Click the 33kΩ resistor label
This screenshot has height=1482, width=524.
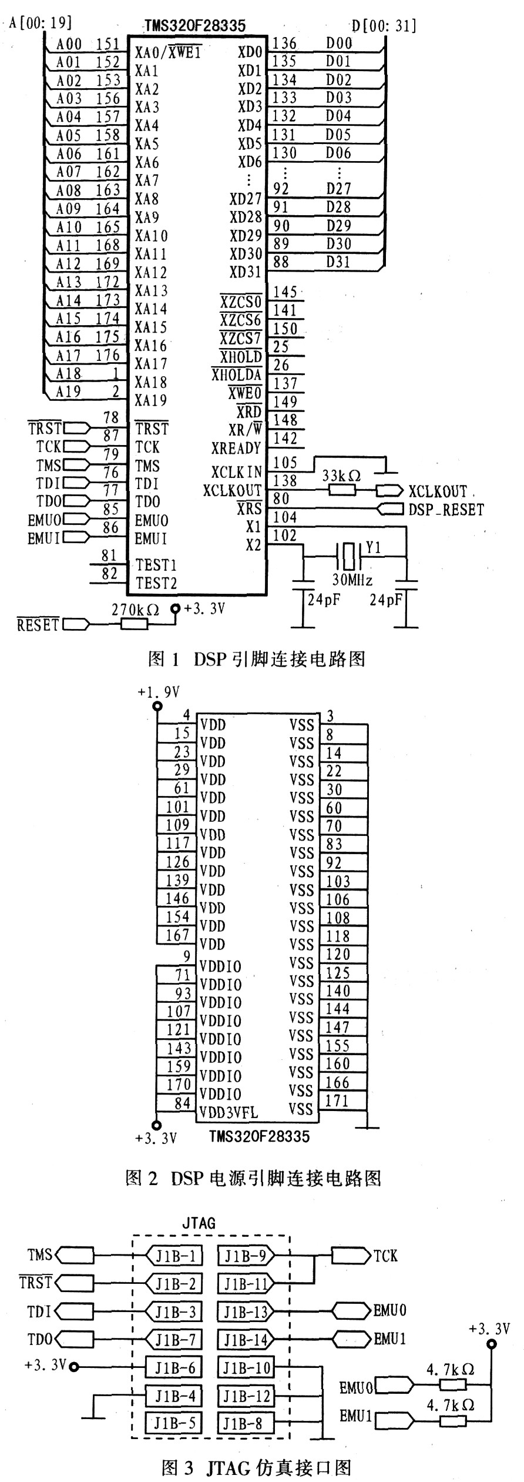[x=341, y=476]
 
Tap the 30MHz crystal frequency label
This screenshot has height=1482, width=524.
[x=352, y=580]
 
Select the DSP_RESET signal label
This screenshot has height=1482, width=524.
[x=446, y=510]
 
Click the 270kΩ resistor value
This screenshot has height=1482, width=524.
[x=135, y=610]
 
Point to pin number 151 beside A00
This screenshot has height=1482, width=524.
[x=108, y=44]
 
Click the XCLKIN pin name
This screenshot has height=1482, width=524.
[x=237, y=472]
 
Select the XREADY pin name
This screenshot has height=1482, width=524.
[x=236, y=449]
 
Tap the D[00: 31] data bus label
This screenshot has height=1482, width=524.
[x=384, y=25]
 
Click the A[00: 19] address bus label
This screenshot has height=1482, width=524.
[x=41, y=23]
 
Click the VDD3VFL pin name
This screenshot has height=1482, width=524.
[x=229, y=1113]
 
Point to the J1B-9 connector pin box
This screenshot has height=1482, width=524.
[x=246, y=1256]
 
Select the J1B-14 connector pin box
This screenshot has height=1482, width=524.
[x=246, y=1340]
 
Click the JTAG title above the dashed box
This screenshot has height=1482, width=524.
[x=199, y=1223]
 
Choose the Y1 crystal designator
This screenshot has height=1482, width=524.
[x=374, y=548]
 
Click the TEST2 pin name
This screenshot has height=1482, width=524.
[x=156, y=584]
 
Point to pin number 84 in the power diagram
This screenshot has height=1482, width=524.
[x=183, y=1103]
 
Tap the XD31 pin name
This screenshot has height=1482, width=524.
[x=246, y=273]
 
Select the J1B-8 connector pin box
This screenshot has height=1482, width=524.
[x=246, y=1423]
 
